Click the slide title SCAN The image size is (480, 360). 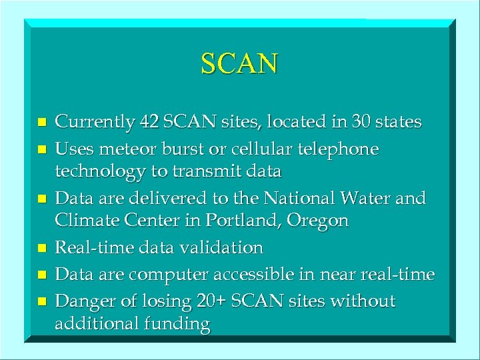pyautogui.click(x=239, y=64)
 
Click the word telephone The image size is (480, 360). pyautogui.click(x=345, y=149)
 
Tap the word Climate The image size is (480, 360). pyautogui.click(x=83, y=221)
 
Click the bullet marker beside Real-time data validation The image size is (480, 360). pyautogui.click(x=41, y=249)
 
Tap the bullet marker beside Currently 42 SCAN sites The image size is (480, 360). pyautogui.click(x=41, y=123)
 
